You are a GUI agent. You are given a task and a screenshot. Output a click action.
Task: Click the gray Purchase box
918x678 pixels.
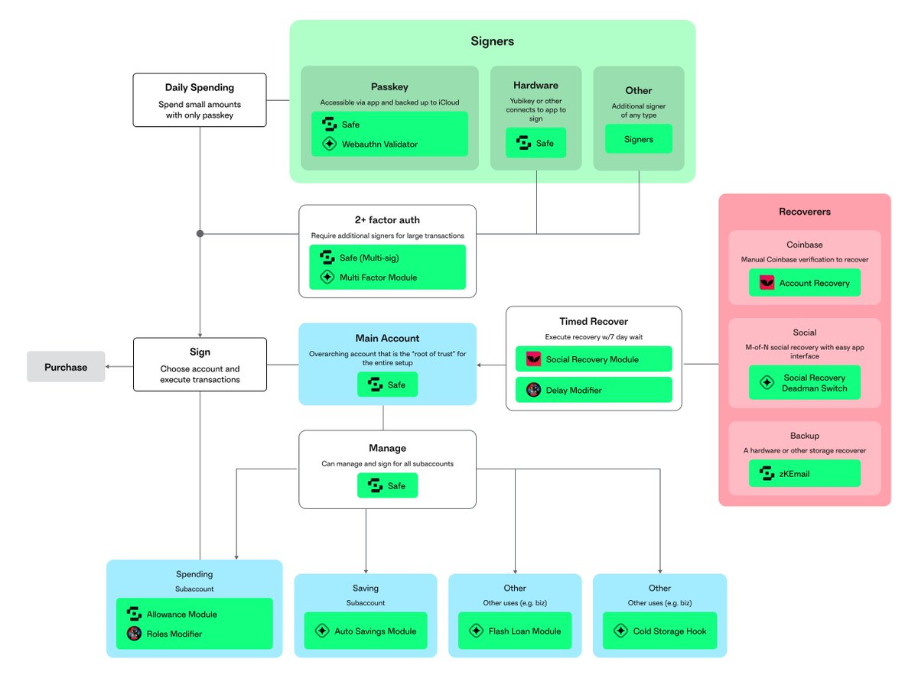[66, 367]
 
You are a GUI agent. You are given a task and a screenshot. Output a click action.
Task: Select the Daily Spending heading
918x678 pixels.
[200, 88]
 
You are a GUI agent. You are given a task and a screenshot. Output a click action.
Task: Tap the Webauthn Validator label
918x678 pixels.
[379, 144]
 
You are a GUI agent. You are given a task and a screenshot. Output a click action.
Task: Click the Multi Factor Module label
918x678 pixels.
[378, 277]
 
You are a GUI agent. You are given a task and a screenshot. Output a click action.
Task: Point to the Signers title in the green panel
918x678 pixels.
[492, 41]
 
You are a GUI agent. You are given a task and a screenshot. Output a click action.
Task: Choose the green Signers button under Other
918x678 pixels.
[639, 139]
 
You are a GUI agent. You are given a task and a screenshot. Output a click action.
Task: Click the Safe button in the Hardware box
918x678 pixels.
[535, 143]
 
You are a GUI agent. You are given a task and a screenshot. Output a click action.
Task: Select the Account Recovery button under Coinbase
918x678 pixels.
[804, 283]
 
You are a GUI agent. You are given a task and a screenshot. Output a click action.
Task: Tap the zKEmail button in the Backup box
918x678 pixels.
[804, 473]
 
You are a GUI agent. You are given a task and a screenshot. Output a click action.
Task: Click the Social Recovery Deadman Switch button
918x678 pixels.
[804, 383]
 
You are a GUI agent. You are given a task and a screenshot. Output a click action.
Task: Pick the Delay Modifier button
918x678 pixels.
[594, 391]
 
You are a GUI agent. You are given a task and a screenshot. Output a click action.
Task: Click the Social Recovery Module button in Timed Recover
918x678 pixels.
[594, 359]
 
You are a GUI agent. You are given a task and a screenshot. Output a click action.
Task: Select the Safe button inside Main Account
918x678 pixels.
[387, 385]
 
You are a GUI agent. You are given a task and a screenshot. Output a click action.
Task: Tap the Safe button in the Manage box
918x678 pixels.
[387, 485]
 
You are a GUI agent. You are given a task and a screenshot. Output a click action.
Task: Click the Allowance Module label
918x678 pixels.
[181, 614]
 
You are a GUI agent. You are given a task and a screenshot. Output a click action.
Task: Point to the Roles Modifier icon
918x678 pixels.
[134, 634]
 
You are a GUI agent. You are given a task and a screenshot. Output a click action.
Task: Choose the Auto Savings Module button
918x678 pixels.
[365, 631]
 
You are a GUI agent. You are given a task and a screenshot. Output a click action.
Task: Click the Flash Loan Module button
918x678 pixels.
[515, 631]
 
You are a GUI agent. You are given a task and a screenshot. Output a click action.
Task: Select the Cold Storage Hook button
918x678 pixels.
[659, 631]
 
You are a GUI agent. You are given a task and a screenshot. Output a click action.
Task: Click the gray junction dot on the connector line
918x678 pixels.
[200, 233]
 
